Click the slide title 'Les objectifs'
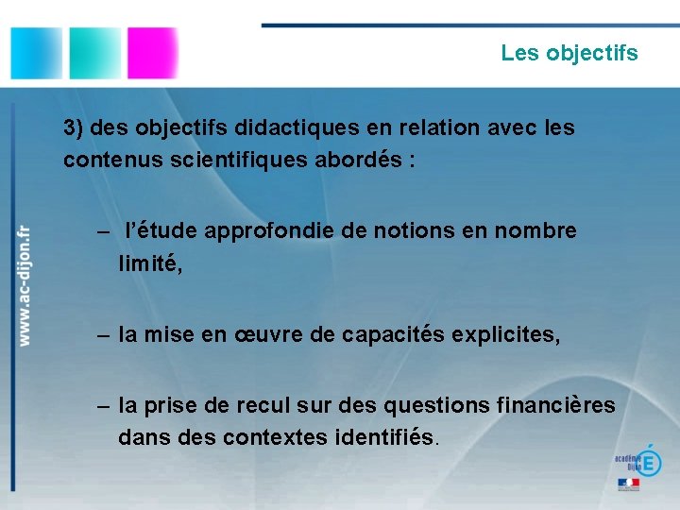[569, 53]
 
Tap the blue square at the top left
[36, 52]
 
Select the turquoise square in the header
[94, 52]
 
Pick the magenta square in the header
[152, 52]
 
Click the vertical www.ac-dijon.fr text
[25, 284]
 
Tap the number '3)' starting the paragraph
[75, 127]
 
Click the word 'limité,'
[149, 264]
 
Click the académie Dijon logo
[637, 460]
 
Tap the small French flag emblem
[628, 484]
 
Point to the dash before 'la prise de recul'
[103, 406]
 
